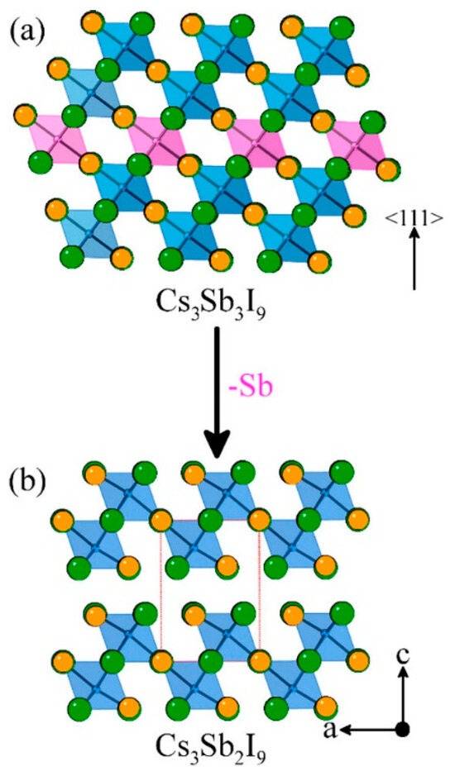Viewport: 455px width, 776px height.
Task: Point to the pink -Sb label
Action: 251,388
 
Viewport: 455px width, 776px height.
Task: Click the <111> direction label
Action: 414,217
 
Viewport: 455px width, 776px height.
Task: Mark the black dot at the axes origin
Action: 404,729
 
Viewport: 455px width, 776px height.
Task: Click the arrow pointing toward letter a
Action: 369,729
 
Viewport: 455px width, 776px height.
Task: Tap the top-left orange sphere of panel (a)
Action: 92,23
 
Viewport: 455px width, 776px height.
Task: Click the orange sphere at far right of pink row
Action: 389,169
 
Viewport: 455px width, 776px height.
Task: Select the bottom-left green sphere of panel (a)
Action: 72,258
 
